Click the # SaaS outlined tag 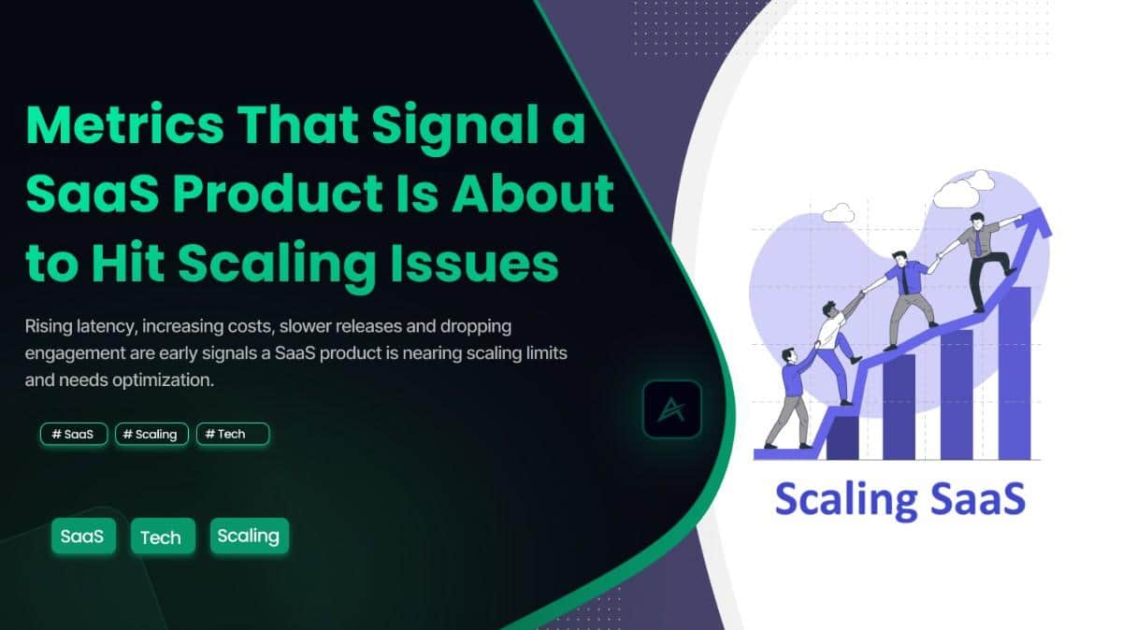[x=74, y=434]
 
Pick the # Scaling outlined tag [x=151, y=434]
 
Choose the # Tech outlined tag [x=233, y=434]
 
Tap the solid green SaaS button [x=82, y=537]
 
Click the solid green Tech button [x=163, y=537]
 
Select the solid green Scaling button [x=249, y=537]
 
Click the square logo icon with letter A [x=671, y=409]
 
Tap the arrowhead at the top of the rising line [x=1035, y=222]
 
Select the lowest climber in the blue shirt [x=793, y=393]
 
